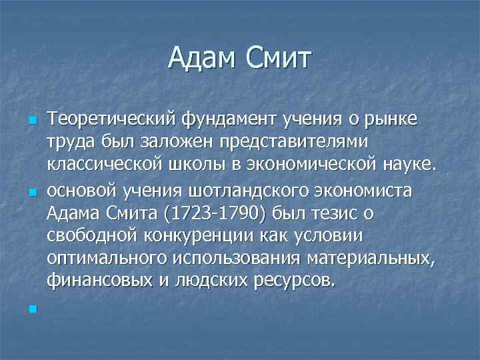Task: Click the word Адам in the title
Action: point(203,58)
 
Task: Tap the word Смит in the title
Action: point(279,58)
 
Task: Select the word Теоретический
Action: point(115,119)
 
